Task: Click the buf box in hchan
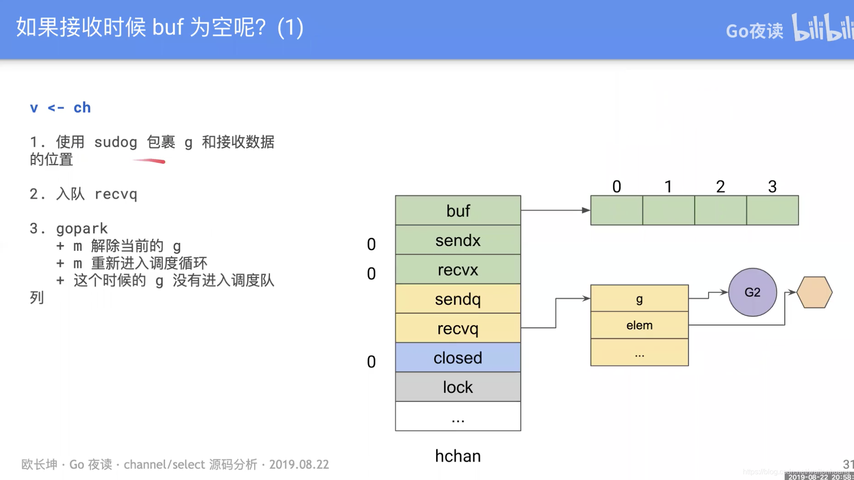click(x=458, y=211)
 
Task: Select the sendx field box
click(x=458, y=240)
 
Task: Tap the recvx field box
click(x=458, y=269)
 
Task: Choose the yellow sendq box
click(x=458, y=299)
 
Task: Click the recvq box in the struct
click(x=458, y=328)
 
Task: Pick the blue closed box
click(x=458, y=358)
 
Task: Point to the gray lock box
click(x=458, y=387)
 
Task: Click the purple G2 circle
click(x=752, y=292)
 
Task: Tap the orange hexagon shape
click(x=815, y=293)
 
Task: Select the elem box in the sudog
click(x=639, y=325)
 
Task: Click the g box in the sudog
click(x=639, y=298)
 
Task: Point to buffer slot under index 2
click(x=720, y=211)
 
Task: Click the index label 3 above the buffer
click(x=772, y=187)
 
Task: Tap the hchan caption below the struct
click(x=458, y=456)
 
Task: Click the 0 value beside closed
click(x=371, y=362)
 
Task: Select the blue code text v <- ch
click(x=60, y=108)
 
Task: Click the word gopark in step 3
click(x=82, y=228)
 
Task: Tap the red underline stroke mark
click(x=150, y=161)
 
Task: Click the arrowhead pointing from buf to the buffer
click(x=586, y=210)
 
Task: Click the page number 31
click(x=848, y=464)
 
